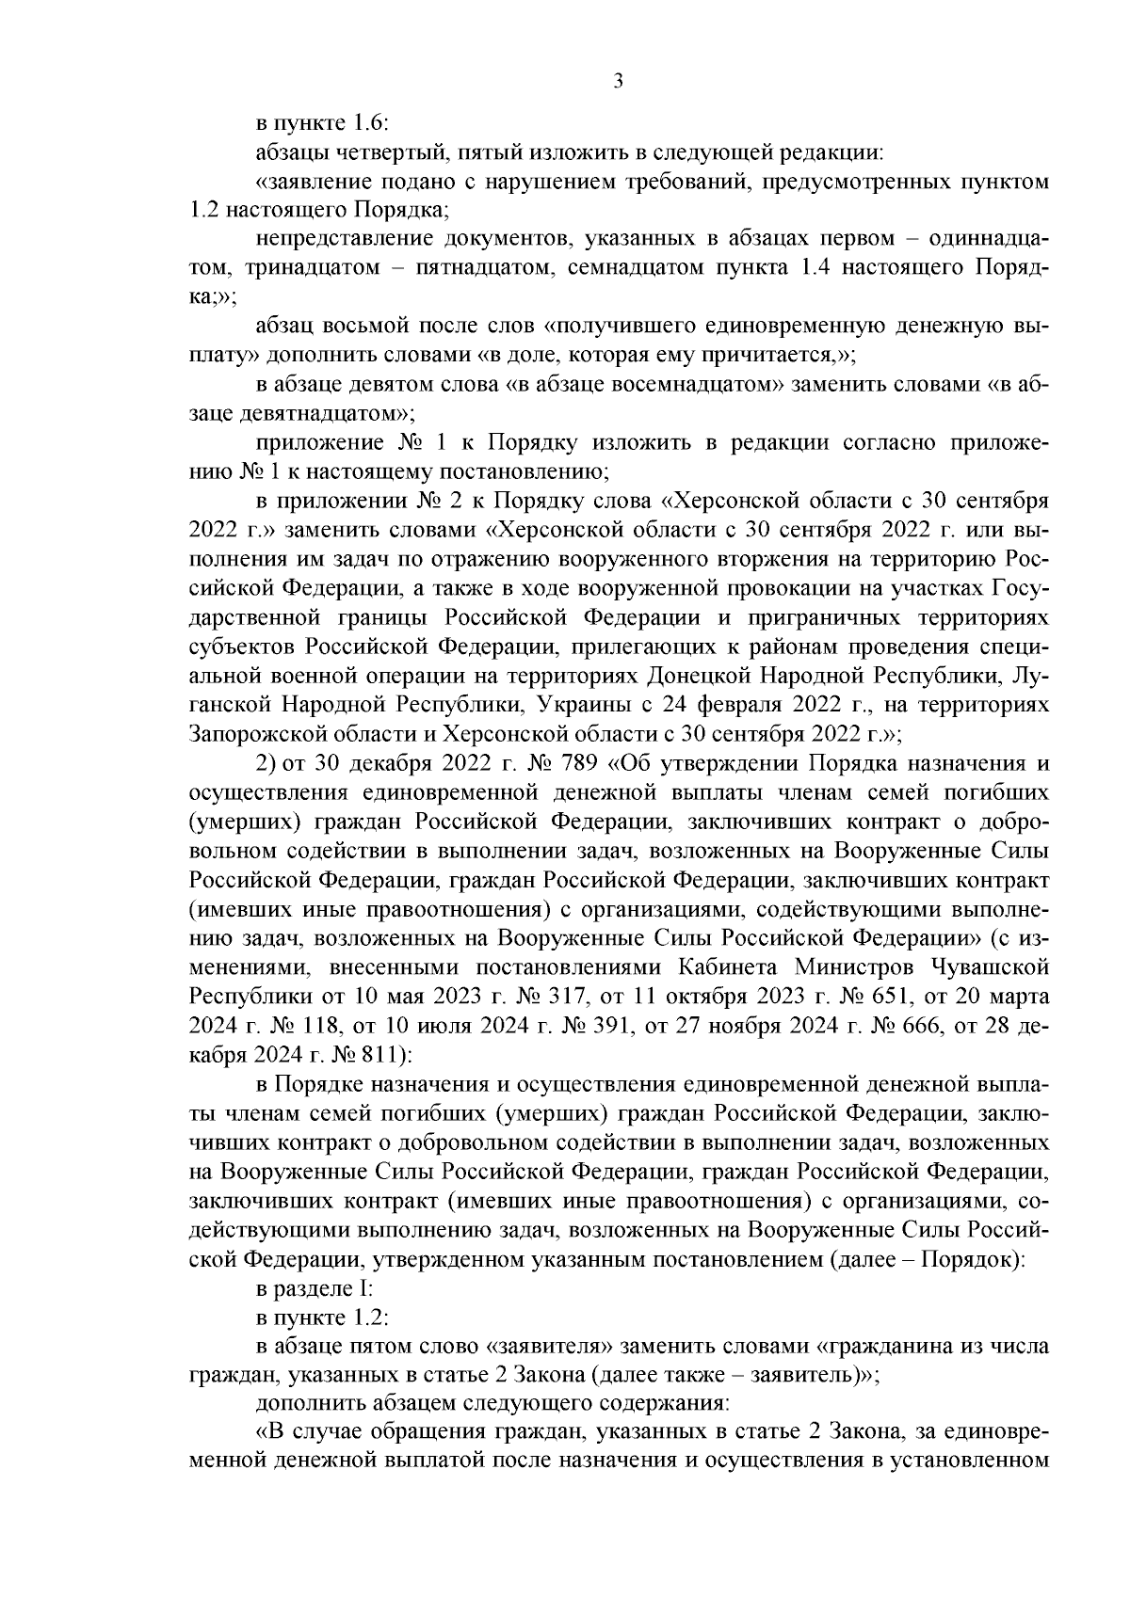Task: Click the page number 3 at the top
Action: (618, 82)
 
